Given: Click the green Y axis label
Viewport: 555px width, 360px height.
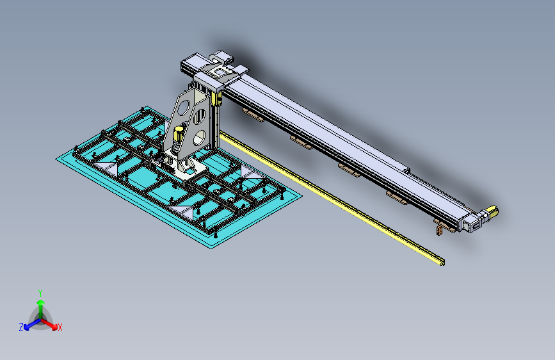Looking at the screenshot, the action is pos(40,293).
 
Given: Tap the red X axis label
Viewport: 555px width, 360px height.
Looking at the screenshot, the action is pos(60,328).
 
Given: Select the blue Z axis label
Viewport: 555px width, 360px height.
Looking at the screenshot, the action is pos(21,327).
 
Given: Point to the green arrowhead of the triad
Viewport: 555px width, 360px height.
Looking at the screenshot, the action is pos(41,302).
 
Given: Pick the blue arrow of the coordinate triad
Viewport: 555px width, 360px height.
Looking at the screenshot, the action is pos(33,324).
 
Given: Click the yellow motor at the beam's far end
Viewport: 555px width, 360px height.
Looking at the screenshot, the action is pos(491,211).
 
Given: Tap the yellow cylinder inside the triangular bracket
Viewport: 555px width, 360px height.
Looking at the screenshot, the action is pos(178,135).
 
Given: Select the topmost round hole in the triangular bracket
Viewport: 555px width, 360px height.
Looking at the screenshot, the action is pos(183,107).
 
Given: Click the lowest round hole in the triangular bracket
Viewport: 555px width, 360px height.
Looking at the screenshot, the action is pos(200,138).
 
